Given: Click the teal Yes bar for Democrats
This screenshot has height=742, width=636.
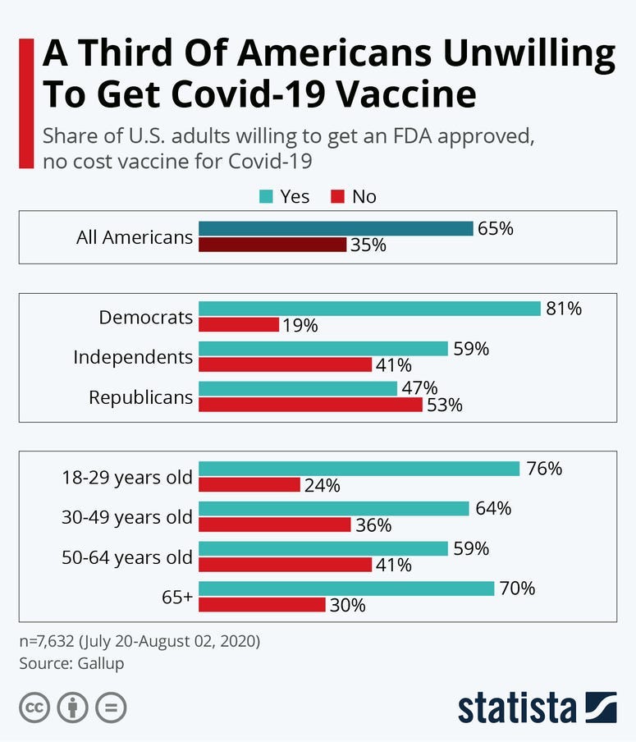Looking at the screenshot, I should tap(369, 309).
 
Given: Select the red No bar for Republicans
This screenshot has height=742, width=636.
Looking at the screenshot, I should tap(310, 405).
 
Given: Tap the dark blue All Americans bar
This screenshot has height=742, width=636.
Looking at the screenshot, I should tap(336, 228).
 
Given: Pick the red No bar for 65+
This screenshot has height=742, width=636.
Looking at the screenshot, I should tap(262, 605).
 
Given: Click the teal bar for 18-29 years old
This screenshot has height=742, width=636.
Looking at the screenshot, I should tap(359, 469).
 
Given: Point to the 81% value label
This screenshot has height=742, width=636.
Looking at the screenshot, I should tap(564, 309).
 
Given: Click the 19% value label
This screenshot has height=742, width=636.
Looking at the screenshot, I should tap(300, 325).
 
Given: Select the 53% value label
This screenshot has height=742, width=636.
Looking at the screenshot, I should tap(444, 405).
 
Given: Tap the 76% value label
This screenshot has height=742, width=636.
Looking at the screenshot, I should tap(543, 469).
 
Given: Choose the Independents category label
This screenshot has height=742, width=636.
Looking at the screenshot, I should tap(133, 357).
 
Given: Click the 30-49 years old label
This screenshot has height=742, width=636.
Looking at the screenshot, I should tap(127, 517).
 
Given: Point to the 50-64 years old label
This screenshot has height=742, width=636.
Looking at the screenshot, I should tap(127, 557).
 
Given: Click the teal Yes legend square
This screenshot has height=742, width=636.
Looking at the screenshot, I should tap(265, 197).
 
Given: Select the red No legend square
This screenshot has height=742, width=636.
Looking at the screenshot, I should tap(336, 197).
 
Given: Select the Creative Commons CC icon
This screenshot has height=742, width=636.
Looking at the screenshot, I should tap(35, 708).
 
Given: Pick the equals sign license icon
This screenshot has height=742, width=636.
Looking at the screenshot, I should tap(111, 708).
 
